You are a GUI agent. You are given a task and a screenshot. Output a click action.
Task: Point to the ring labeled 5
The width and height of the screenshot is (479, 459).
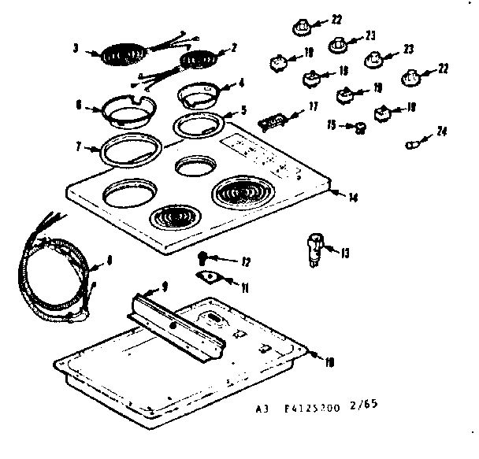198,123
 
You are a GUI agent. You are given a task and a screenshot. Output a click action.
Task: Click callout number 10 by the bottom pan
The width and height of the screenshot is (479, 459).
329,361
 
